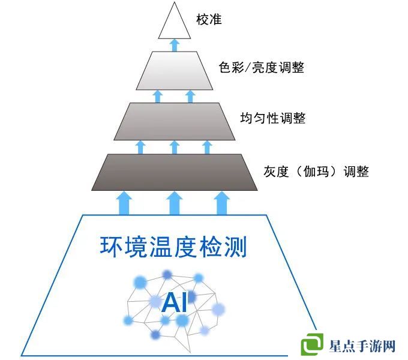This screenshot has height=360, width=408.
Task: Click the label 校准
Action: pyautogui.click(x=209, y=20)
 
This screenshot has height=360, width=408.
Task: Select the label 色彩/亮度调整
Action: pyautogui.click(x=262, y=67)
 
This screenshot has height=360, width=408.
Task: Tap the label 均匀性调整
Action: pyautogui.click(x=273, y=118)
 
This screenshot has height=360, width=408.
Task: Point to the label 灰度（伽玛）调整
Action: pyautogui.click(x=316, y=172)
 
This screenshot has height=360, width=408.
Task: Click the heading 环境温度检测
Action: pyautogui.click(x=173, y=247)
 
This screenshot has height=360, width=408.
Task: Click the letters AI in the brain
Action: pyautogui.click(x=174, y=302)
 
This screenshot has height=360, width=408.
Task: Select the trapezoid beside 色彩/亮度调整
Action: pyautogui.click(x=175, y=70)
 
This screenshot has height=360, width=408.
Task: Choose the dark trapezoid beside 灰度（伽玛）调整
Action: pyautogui.click(x=174, y=172)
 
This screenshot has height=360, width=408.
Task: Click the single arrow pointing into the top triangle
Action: pyautogui.click(x=175, y=44)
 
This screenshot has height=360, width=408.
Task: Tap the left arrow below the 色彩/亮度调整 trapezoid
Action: pyautogui.click(x=158, y=96)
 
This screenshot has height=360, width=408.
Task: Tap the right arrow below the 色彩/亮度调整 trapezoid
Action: pyautogui.click(x=190, y=96)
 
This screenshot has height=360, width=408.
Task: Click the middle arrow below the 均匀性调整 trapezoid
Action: pyautogui.click(x=174, y=147)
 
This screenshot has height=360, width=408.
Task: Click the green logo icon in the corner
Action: pyautogui.click(x=313, y=344)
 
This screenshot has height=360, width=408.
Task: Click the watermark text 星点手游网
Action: pyautogui.click(x=362, y=346)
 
